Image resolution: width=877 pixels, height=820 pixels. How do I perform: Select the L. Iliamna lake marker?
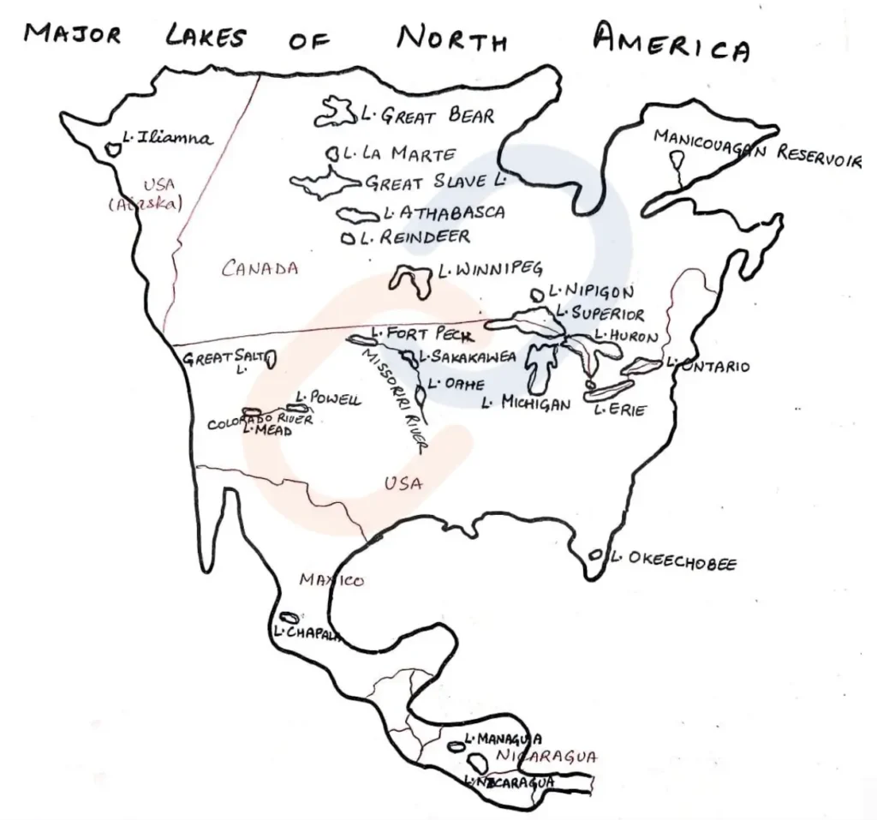111,148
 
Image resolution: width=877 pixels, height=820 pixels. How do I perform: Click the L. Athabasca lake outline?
358,213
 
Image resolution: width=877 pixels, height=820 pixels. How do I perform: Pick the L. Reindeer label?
415,237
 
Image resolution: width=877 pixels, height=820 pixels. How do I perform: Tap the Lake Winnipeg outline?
410,279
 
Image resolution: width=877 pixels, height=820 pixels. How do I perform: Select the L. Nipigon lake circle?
537,294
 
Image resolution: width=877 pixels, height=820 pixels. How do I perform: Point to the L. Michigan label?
525,401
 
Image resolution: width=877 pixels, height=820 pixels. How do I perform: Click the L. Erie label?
621,410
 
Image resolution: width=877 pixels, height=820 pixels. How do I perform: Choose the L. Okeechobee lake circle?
595,556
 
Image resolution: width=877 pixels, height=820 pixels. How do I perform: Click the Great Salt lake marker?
270,359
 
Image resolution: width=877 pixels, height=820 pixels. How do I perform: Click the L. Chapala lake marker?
290,617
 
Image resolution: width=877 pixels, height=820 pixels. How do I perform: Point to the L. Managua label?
502,738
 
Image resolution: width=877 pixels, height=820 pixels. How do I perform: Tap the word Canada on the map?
260,268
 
